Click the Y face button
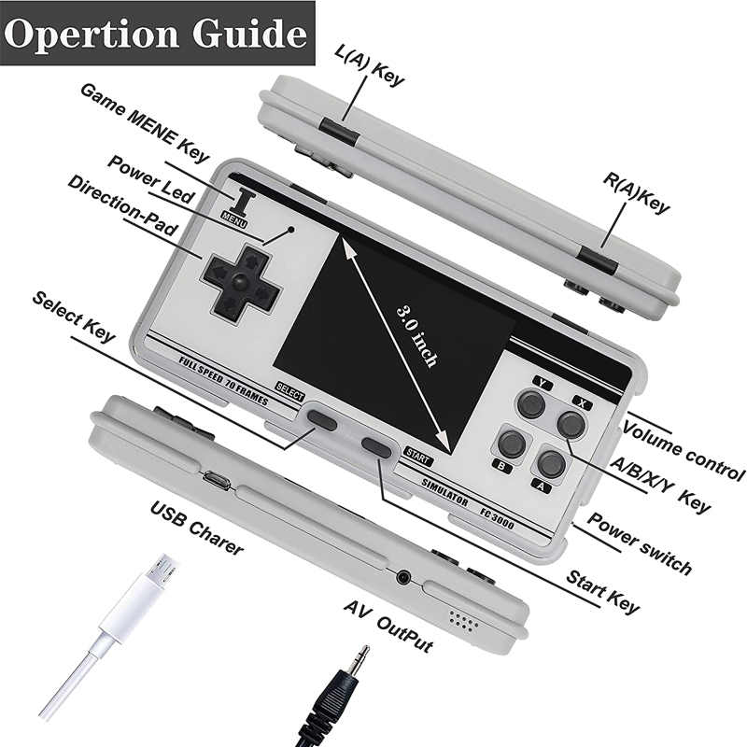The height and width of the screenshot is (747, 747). click(x=531, y=403)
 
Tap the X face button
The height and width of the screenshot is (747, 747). click(x=571, y=424)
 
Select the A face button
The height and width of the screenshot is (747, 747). click(x=551, y=463)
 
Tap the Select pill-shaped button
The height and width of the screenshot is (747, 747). click(x=322, y=419)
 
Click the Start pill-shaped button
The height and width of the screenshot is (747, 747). click(x=376, y=448)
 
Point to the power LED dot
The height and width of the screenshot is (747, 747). click(x=291, y=229)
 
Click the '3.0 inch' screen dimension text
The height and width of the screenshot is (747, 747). click(x=417, y=336)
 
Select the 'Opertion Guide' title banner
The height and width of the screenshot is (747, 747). click(x=157, y=33)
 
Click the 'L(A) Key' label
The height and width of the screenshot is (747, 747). click(x=370, y=65)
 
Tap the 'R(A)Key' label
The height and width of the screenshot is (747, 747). click(x=637, y=192)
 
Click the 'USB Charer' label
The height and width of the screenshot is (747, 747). click(x=197, y=528)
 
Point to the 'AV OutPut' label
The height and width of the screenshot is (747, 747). click(x=388, y=626)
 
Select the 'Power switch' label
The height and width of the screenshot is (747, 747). click(x=640, y=543)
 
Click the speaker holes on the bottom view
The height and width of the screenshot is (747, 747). click(x=463, y=621)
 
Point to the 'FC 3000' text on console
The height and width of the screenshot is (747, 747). click(x=497, y=518)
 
